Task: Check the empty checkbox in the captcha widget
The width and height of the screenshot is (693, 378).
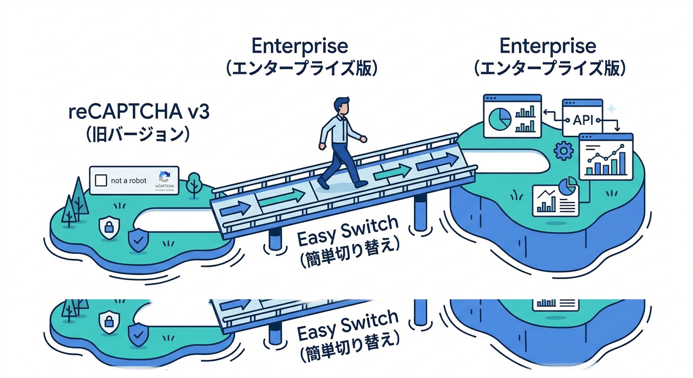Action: pyautogui.click(x=100, y=181)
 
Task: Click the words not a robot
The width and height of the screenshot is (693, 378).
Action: pyautogui.click(x=129, y=181)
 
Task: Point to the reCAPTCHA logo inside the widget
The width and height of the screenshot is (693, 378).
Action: pyautogui.click(x=164, y=178)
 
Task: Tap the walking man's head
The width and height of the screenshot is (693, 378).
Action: pyautogui.click(x=341, y=106)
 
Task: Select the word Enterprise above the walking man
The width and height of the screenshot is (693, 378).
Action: pyautogui.click(x=300, y=46)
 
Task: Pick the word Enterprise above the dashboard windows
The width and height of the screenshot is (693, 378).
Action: pyautogui.click(x=548, y=46)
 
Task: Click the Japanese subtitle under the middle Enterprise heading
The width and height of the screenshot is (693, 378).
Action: pyautogui.click(x=301, y=68)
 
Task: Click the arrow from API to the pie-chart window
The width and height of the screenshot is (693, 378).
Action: pyautogui.click(x=551, y=114)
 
